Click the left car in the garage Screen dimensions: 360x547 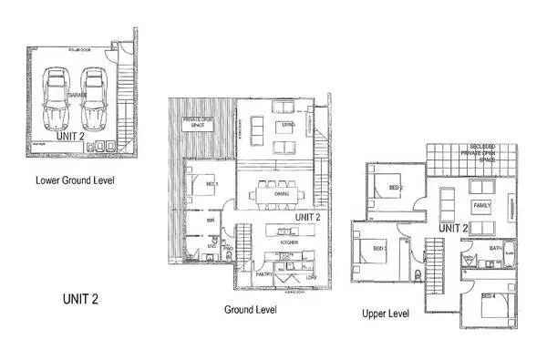(x=57, y=100)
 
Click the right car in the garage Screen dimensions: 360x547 (x=94, y=100)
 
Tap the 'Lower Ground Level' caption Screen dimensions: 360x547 (x=75, y=180)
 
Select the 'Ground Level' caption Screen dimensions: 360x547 (x=251, y=310)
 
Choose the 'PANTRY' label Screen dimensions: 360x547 (x=264, y=273)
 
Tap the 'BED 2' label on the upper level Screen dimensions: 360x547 (x=396, y=188)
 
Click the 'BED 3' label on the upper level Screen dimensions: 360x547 (x=379, y=248)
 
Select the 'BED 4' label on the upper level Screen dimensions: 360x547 (x=488, y=296)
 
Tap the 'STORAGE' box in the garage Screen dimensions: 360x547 (x=41, y=145)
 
